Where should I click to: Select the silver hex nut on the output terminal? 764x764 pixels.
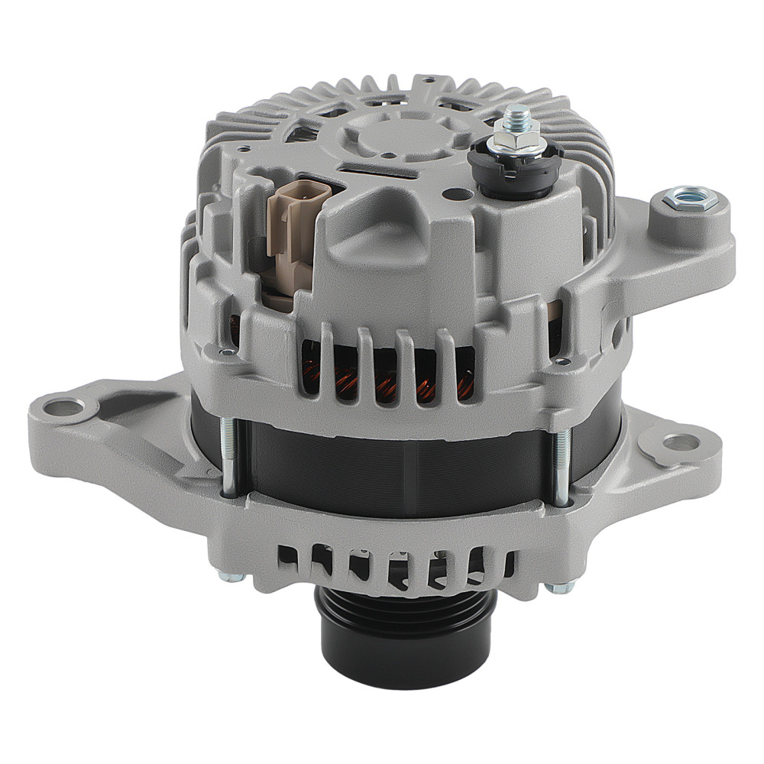point(514,138)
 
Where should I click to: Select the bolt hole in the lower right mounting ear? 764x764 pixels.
point(678,442)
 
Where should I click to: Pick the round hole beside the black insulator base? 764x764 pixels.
point(456,195)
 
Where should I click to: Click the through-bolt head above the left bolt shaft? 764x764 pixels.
point(227,353)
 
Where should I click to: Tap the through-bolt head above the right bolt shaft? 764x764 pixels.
point(563,361)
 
